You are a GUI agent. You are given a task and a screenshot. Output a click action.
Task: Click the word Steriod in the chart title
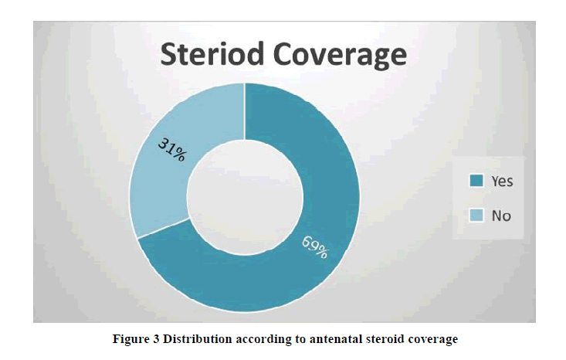pos(212,54)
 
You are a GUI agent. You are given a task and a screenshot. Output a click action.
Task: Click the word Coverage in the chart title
pos(340,55)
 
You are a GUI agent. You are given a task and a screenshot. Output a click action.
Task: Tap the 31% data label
pos(172,150)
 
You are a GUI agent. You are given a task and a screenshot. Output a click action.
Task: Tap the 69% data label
pos(315,247)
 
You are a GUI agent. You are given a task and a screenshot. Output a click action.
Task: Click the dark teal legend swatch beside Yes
pos(476,181)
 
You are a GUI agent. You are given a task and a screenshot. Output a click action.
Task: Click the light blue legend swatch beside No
pos(476,216)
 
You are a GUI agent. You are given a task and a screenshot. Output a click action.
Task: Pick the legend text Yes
pos(502,181)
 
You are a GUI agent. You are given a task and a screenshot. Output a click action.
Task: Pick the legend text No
pos(501,216)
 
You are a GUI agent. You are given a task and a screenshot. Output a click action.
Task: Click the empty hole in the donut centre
pos(245,198)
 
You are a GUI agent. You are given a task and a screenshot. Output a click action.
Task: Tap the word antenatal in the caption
pos(336,339)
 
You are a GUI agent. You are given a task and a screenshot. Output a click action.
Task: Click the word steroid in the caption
pos(385,339)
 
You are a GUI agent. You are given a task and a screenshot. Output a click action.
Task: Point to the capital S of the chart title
pos(169,54)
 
